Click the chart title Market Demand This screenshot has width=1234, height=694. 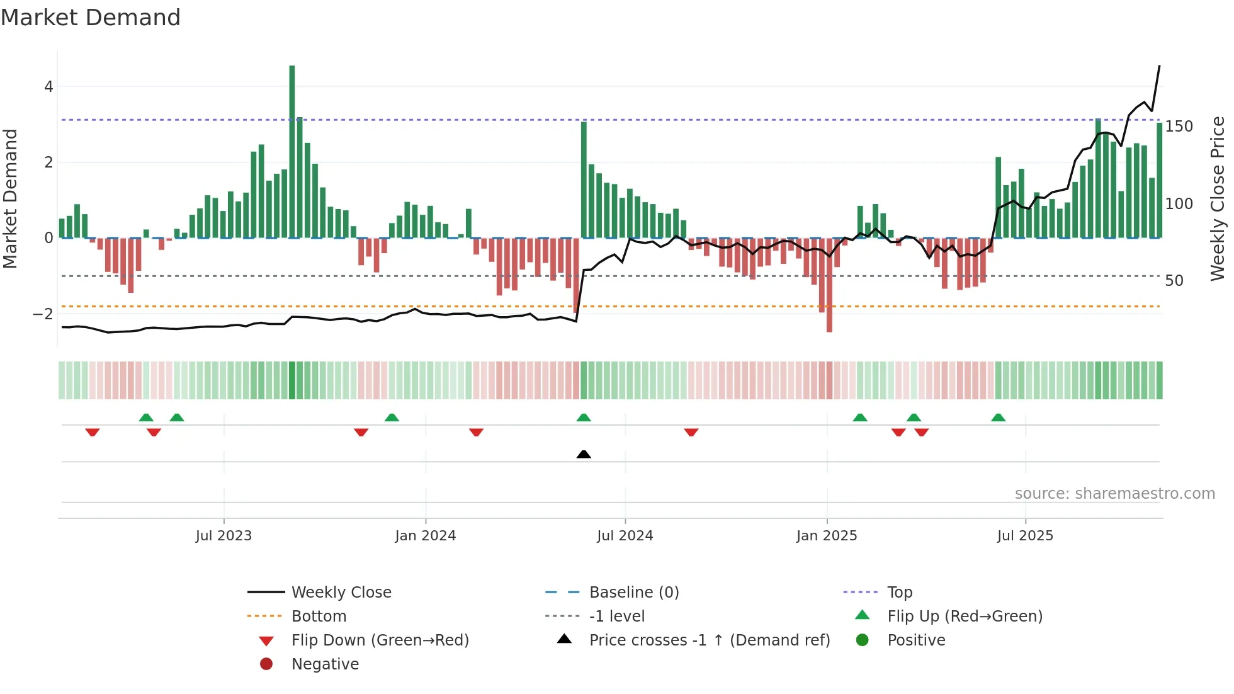pyautogui.click(x=91, y=18)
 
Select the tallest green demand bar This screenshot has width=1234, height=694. pyautogui.click(x=292, y=151)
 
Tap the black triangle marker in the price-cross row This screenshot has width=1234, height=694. pyautogui.click(x=584, y=454)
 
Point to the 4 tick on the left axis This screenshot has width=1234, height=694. pyautogui.click(x=48, y=87)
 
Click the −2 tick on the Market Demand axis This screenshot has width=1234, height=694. pyautogui.click(x=43, y=314)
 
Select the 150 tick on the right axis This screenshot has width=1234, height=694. pyautogui.click(x=1179, y=127)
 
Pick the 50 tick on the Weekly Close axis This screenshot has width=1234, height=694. pyautogui.click(x=1174, y=281)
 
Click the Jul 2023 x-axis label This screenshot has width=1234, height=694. pyautogui.click(x=224, y=536)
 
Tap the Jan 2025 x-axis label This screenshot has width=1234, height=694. pyautogui.click(x=827, y=536)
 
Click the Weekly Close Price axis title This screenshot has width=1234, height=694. pyautogui.click(x=1218, y=198)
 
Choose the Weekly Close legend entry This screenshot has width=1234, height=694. pyautogui.click(x=341, y=593)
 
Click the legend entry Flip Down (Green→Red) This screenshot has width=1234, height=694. pyautogui.click(x=380, y=640)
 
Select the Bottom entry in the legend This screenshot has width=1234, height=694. pyautogui.click(x=319, y=617)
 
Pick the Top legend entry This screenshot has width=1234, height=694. pyautogui.click(x=900, y=593)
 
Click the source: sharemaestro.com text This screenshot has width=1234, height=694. pyautogui.click(x=1114, y=494)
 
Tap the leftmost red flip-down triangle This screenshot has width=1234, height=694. pyautogui.click(x=93, y=432)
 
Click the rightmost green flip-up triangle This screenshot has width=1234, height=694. pyautogui.click(x=998, y=418)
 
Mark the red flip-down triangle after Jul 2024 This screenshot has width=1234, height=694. pyautogui.click(x=691, y=432)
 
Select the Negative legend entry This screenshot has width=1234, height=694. pyautogui.click(x=325, y=664)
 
